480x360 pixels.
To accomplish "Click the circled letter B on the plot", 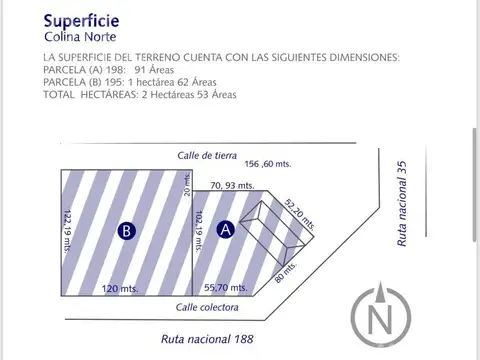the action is pyautogui.click(x=126, y=230).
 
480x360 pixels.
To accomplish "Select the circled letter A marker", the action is pyautogui.click(x=226, y=230).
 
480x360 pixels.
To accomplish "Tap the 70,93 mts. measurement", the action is pyautogui.click(x=232, y=186).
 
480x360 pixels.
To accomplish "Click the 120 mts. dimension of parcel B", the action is pyautogui.click(x=120, y=288).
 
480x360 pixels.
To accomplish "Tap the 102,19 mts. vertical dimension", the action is pyautogui.click(x=200, y=232).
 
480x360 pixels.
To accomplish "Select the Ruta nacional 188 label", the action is pyautogui.click(x=207, y=339).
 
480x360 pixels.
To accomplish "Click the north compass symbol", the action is pyautogui.click(x=380, y=319).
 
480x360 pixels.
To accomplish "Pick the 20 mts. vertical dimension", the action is pyautogui.click(x=186, y=184).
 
